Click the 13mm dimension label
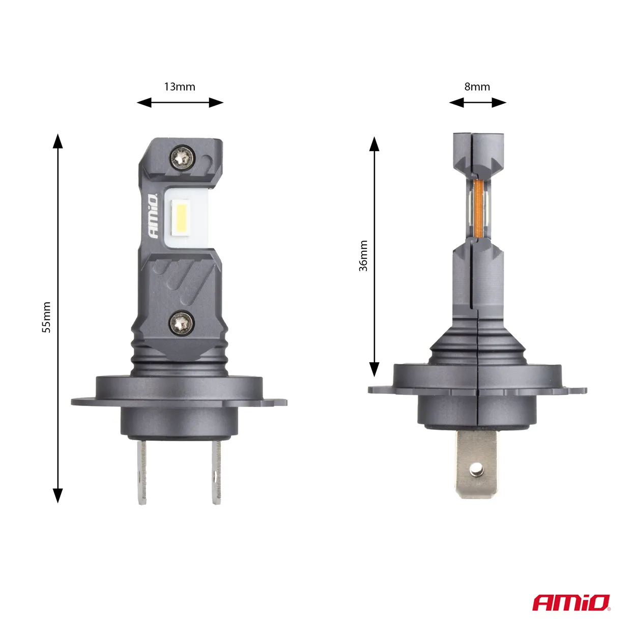(x=180, y=87)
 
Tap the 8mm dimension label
(x=477, y=87)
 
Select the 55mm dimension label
(x=46, y=317)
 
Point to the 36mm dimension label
(x=363, y=256)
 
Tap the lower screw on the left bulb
(x=181, y=323)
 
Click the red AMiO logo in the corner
(x=571, y=603)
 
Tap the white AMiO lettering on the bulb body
(x=153, y=216)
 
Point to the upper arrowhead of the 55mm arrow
(x=58, y=141)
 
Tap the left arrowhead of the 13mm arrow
(x=144, y=103)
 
